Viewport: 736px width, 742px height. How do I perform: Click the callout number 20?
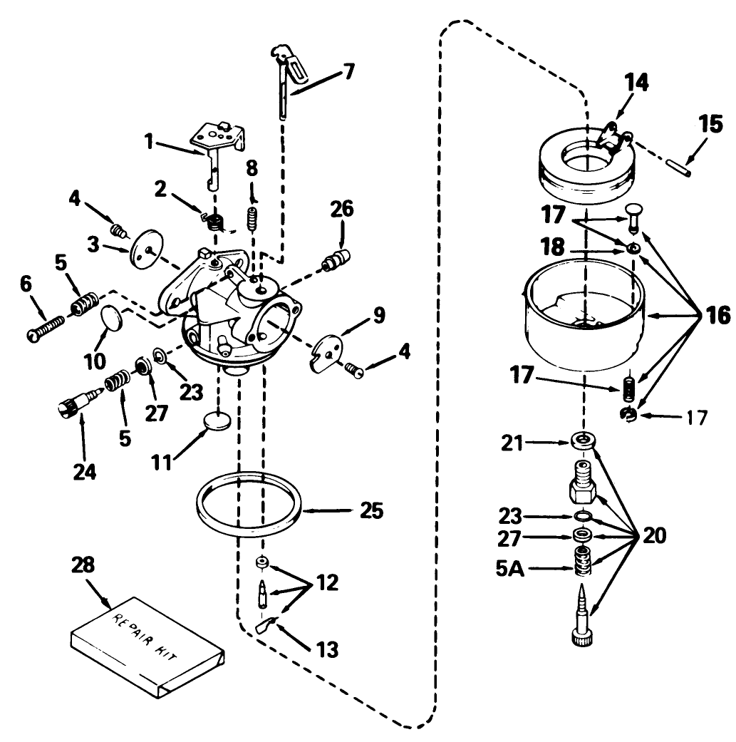click(x=655, y=536)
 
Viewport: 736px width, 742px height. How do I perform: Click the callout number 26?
click(x=341, y=210)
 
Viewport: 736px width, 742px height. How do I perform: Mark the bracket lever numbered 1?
click(x=217, y=143)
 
